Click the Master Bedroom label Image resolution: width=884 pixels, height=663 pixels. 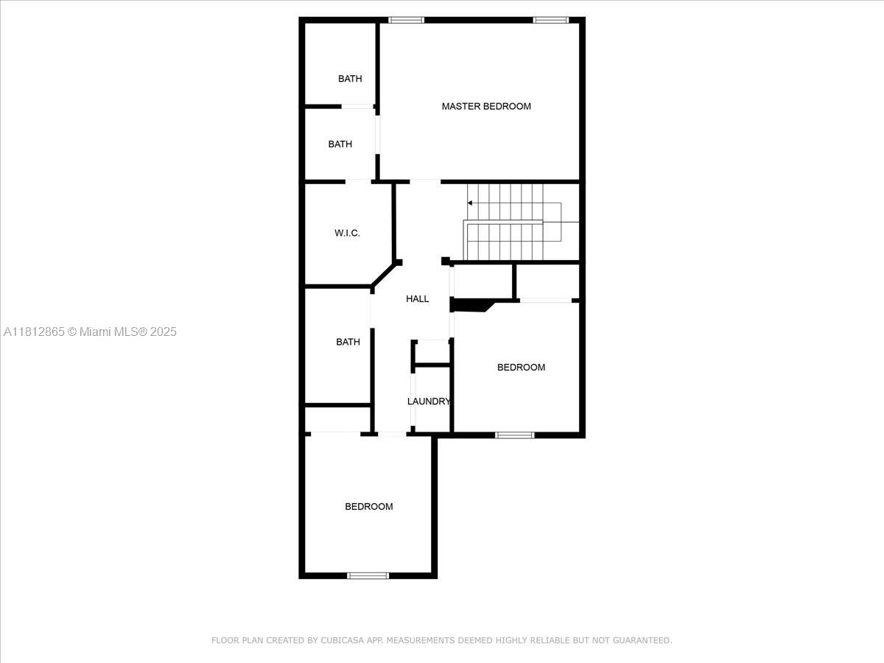click(486, 106)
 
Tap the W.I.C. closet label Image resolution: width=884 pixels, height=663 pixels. click(347, 233)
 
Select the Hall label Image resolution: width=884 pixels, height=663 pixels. click(417, 298)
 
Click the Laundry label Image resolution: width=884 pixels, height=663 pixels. click(429, 401)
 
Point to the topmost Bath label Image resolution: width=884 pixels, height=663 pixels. click(350, 79)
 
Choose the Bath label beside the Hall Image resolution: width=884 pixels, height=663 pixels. click(348, 342)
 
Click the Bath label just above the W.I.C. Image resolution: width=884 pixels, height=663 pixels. click(340, 144)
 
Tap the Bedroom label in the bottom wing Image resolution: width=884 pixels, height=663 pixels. click(369, 507)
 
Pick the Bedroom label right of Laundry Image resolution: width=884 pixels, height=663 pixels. click(521, 367)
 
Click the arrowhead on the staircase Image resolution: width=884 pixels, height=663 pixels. click(470, 203)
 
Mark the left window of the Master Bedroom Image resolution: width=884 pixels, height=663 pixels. click(407, 20)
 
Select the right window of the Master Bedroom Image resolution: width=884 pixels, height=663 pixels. click(551, 20)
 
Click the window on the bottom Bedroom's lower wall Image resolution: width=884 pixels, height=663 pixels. click(368, 575)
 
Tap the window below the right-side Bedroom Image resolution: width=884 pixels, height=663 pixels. click(515, 435)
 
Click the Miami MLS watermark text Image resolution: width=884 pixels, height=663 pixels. click(90, 332)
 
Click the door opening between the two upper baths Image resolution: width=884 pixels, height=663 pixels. click(357, 107)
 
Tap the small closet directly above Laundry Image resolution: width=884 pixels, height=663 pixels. click(431, 352)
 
